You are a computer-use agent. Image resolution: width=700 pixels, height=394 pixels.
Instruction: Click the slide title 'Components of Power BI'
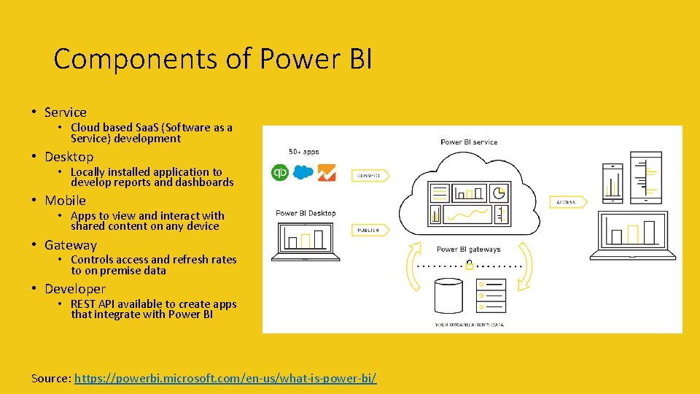pyautogui.click(x=212, y=58)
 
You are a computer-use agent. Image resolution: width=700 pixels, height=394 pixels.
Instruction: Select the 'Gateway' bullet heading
pyautogui.click(x=70, y=245)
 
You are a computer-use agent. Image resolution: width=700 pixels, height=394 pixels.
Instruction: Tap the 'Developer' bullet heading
pyautogui.click(x=74, y=289)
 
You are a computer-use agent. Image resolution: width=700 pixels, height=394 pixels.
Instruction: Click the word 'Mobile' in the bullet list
pyautogui.click(x=65, y=201)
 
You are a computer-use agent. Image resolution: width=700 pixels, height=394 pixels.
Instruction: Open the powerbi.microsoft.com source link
pyautogui.click(x=225, y=379)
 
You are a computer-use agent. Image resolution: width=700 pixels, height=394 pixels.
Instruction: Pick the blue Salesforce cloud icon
pyautogui.click(x=303, y=173)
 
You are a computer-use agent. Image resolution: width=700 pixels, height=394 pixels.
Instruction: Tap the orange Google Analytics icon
pyautogui.click(x=326, y=173)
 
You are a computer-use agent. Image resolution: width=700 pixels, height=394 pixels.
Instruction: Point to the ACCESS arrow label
pyautogui.click(x=568, y=201)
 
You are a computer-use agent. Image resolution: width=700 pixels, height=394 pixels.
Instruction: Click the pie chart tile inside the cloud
pyautogui.click(x=499, y=193)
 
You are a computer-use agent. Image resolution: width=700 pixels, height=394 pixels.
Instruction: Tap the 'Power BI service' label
pyautogui.click(x=469, y=142)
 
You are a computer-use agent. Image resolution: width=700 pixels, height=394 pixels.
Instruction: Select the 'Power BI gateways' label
pyautogui.click(x=469, y=250)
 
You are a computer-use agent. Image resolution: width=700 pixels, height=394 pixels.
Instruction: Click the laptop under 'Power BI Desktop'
pyautogui.click(x=306, y=242)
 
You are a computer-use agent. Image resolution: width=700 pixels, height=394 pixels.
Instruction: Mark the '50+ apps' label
pyautogui.click(x=303, y=152)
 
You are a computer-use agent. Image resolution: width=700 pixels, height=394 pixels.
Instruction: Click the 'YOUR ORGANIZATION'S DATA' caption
pyautogui.click(x=469, y=324)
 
